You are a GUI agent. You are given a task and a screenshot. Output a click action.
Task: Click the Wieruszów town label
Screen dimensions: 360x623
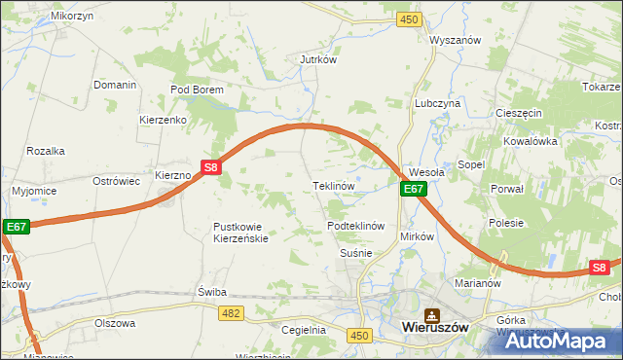point(435,329)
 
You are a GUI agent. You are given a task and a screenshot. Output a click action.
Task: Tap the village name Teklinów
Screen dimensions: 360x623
point(332,185)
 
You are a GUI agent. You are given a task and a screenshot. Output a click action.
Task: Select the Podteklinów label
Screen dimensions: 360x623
point(357,225)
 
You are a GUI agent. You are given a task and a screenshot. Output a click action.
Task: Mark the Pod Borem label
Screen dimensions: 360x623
point(198,90)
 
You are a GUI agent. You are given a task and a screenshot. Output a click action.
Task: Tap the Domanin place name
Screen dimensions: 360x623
point(115,85)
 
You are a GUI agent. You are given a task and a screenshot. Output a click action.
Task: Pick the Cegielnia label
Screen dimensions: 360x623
point(303,330)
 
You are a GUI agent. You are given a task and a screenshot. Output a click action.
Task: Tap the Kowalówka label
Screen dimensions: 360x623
point(530,141)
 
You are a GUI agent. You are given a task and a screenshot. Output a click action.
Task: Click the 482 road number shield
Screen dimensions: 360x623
point(231,312)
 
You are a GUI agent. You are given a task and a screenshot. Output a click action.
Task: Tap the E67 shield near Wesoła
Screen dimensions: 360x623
point(414,189)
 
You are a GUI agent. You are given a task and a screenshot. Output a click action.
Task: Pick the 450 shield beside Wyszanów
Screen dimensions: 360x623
point(409,19)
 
